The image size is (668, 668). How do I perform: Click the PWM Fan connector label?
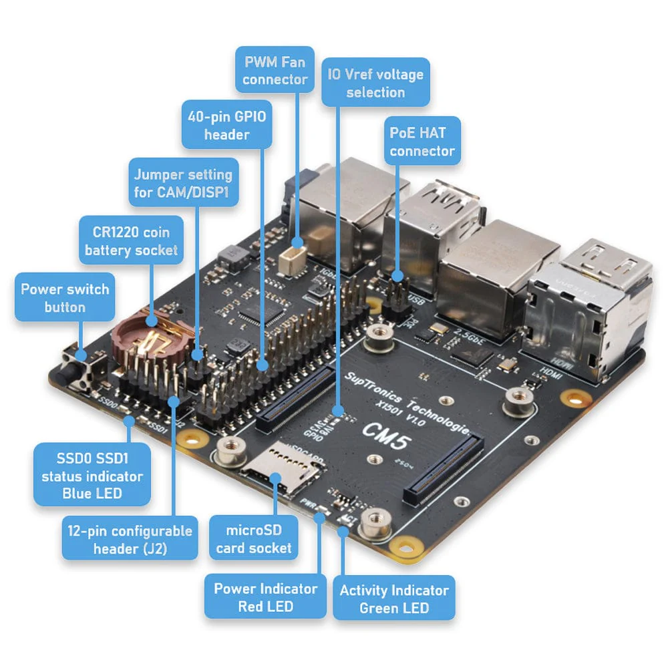[x=275, y=71]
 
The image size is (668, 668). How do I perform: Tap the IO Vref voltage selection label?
[x=375, y=83]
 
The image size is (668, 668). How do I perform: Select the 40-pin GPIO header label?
[x=226, y=125]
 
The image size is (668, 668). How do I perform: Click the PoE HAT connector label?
[x=422, y=142]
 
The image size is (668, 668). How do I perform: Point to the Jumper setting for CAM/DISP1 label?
[x=183, y=184]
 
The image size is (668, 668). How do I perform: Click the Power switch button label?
[x=65, y=298]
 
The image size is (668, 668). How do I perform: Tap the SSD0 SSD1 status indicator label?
[x=92, y=476]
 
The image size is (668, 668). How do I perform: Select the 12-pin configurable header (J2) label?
[x=130, y=540]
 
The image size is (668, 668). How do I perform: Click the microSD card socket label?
[x=254, y=539]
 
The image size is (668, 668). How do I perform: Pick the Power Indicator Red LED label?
[x=265, y=597]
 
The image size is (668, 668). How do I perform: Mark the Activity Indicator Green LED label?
[x=394, y=599]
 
